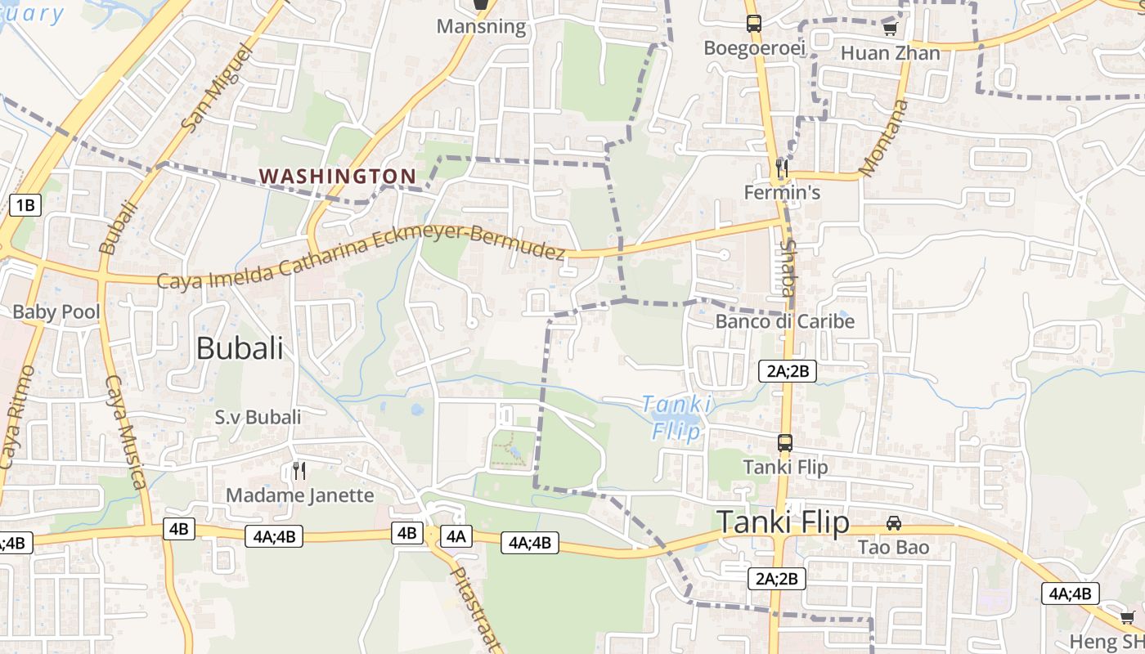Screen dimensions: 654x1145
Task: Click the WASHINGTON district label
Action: [337, 176]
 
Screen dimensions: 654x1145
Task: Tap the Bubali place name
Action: [240, 348]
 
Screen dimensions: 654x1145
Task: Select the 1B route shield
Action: [25, 204]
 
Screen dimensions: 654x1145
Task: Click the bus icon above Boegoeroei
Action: [753, 24]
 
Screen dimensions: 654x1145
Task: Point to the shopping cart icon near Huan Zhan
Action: [890, 29]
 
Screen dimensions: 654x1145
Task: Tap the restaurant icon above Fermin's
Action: [782, 168]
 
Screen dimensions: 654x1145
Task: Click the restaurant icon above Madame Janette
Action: [299, 471]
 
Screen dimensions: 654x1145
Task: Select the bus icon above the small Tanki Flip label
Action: [785, 443]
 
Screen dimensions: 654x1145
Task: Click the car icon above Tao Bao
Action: [894, 522]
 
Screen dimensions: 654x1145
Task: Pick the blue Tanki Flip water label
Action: [676, 417]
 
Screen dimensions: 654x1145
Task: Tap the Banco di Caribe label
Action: [784, 321]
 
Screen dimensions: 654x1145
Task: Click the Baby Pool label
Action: [56, 311]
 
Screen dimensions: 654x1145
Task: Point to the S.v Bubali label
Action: [258, 417]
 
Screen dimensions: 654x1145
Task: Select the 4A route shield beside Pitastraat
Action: [456, 536]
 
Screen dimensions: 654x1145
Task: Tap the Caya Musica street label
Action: [126, 431]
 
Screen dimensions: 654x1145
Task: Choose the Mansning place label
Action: [481, 26]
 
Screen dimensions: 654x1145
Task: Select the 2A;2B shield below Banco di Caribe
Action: [788, 371]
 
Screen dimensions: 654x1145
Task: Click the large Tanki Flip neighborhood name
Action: [783, 522]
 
